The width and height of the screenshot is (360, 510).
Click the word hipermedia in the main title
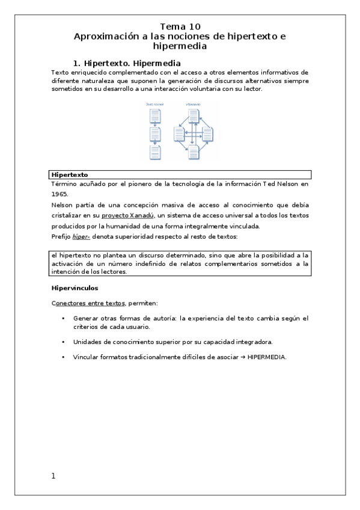(180, 46)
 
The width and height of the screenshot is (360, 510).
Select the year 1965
(60, 194)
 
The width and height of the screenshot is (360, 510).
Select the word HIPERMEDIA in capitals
(266, 357)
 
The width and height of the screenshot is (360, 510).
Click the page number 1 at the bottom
(53, 476)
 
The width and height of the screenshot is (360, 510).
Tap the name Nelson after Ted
(292, 184)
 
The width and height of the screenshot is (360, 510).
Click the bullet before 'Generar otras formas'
(63, 318)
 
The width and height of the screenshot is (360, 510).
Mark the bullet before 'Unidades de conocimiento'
(63, 342)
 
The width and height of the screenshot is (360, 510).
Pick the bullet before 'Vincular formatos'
(63, 357)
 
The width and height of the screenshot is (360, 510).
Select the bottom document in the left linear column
(155, 152)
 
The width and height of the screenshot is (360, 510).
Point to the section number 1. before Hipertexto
(77, 63)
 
